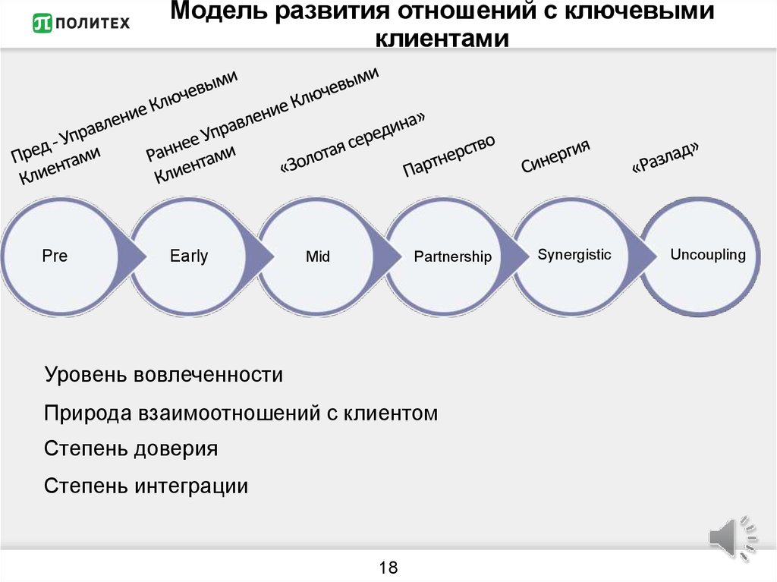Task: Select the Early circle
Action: [x=189, y=256]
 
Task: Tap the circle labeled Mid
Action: [x=317, y=256]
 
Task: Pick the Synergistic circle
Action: [x=572, y=256]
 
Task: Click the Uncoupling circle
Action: [x=700, y=256]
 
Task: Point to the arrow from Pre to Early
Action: [x=133, y=256]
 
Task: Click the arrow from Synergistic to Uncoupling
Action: [x=643, y=256]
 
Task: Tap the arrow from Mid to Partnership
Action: [x=388, y=256]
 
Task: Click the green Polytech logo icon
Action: [x=42, y=23]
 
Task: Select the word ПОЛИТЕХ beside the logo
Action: [x=93, y=24]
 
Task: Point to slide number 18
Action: [x=388, y=567]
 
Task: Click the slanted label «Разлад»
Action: [x=665, y=157]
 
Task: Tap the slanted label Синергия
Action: [x=555, y=156]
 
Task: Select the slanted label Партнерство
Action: [x=449, y=155]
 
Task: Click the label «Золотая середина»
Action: [x=352, y=143]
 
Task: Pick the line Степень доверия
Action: [x=131, y=448]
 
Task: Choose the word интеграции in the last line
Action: [x=191, y=486]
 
